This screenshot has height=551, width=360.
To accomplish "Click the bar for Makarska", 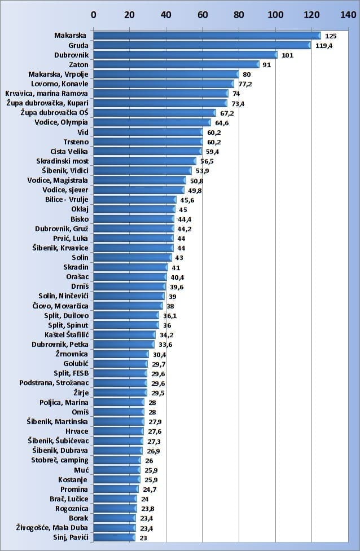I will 207,36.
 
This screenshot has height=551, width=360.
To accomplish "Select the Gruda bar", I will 201,45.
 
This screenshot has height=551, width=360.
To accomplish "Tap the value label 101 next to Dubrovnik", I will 287,55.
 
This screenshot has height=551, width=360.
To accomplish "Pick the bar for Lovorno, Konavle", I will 163,84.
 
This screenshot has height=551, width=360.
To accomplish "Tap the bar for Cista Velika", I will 147,151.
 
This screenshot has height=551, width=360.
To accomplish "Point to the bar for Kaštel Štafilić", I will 124,335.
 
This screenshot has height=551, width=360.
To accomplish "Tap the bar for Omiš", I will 118,412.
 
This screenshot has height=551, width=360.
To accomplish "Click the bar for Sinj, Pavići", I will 114,537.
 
